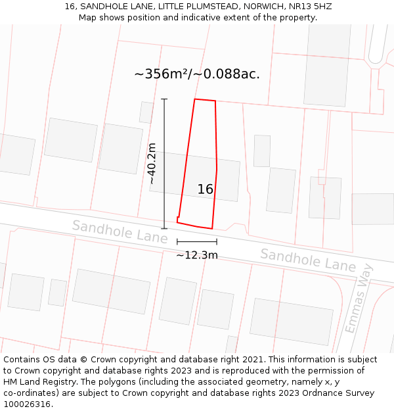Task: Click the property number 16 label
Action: (206, 189)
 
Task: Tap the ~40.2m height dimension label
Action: (152, 164)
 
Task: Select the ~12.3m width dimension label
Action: (197, 255)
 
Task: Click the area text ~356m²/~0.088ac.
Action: (197, 74)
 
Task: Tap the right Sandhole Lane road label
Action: (308, 260)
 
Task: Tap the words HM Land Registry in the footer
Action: (33, 382)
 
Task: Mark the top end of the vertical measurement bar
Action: (164, 99)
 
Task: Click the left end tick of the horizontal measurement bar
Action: (177, 242)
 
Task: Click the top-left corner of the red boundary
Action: (194, 99)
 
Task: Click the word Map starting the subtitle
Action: (88, 18)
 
